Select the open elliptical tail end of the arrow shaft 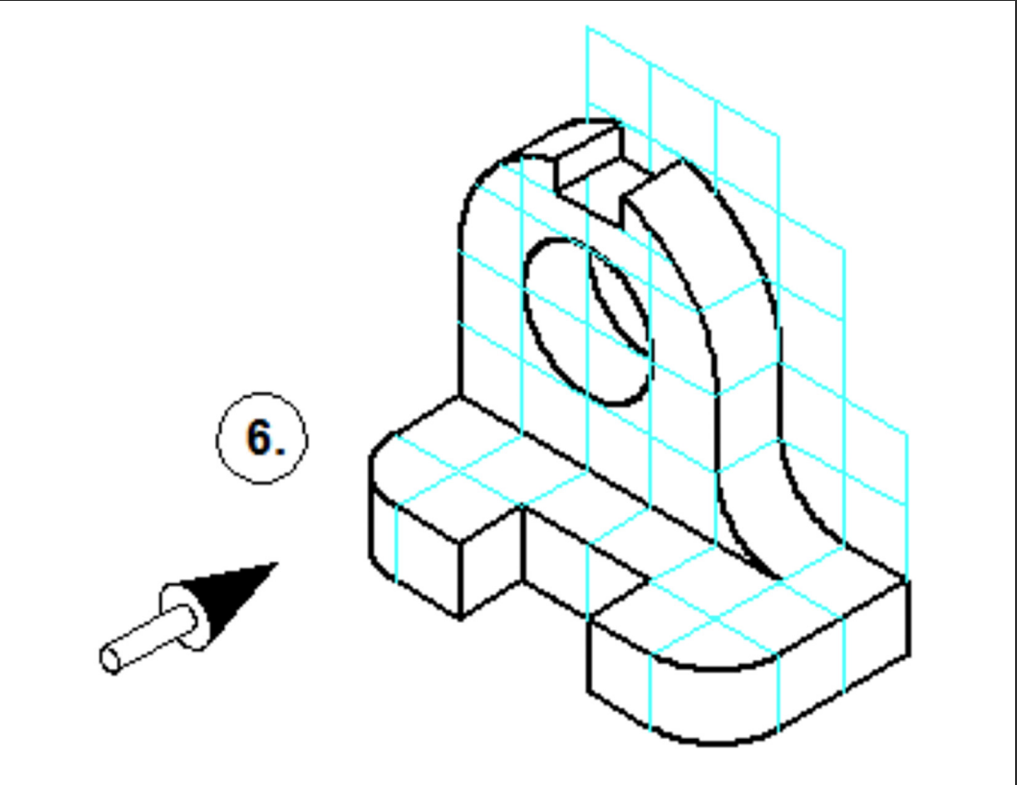tap(112, 659)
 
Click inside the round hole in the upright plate tap(586, 322)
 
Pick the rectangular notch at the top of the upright tap(588, 173)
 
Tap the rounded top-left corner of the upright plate tap(481, 183)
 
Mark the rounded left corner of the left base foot tap(377, 461)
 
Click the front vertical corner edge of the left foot tap(459, 576)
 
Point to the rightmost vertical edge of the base tap(907, 615)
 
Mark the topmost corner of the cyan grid tap(587, 29)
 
